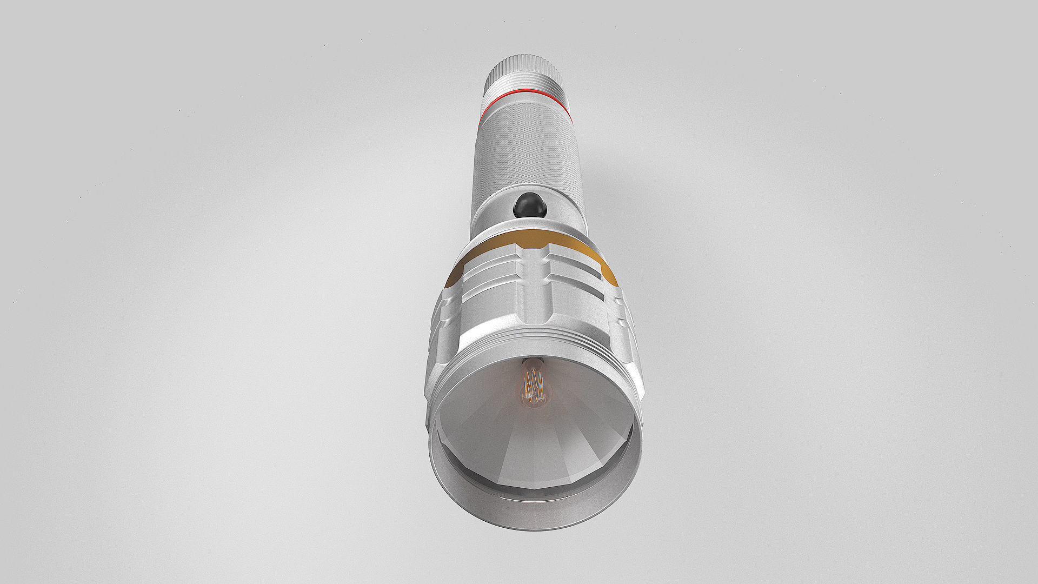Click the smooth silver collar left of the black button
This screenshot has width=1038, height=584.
(489, 214)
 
